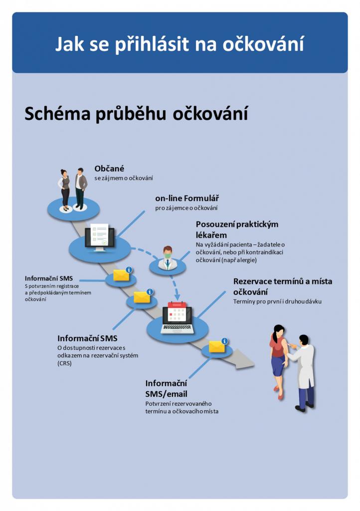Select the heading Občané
(x=109, y=169)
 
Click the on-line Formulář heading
(x=187, y=199)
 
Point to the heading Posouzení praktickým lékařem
(x=237, y=230)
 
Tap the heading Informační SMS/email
(x=166, y=388)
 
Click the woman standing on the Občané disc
(x=64, y=189)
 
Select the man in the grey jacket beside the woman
(x=80, y=188)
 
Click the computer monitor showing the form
(x=99, y=237)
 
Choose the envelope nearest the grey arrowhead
(x=217, y=346)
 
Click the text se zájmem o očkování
(x=124, y=178)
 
